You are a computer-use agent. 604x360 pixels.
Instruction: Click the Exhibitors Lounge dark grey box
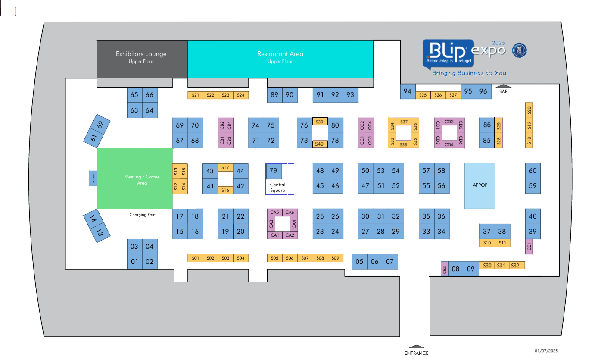(x=142, y=59)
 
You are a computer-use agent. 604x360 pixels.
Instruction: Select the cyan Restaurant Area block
(x=280, y=59)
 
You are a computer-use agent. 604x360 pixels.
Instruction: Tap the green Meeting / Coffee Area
(x=134, y=178)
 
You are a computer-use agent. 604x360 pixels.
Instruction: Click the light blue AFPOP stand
(x=479, y=186)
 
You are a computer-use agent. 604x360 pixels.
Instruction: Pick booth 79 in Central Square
(x=274, y=171)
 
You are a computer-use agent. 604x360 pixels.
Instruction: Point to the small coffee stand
(x=93, y=178)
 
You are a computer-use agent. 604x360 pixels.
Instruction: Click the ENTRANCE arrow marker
(x=416, y=347)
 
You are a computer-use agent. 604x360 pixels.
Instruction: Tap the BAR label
(x=503, y=91)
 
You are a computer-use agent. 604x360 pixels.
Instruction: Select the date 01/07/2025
(x=546, y=351)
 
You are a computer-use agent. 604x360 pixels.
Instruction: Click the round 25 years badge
(x=519, y=50)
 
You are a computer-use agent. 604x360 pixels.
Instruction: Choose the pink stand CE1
(x=529, y=247)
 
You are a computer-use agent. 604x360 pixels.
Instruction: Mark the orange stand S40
(x=320, y=144)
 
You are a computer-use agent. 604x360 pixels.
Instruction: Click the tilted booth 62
(x=100, y=125)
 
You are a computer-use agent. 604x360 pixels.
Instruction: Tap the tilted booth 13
(x=100, y=232)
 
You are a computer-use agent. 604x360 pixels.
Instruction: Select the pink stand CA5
(x=274, y=213)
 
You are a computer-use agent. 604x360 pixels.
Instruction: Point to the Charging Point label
(x=143, y=215)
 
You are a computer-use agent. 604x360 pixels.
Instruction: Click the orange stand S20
(x=529, y=110)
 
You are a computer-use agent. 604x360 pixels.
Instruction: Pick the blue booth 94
(x=408, y=91)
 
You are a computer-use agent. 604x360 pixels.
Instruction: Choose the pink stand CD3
(x=449, y=122)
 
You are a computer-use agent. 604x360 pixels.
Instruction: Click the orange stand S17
(x=225, y=167)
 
